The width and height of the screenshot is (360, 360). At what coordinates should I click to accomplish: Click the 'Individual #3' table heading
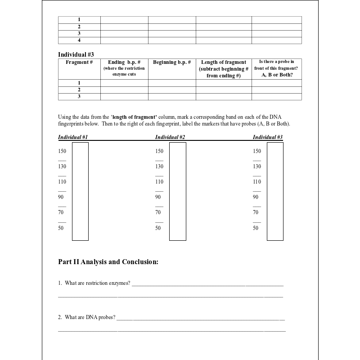pos(76,54)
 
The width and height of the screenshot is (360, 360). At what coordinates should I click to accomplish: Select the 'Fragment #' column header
pos(79,62)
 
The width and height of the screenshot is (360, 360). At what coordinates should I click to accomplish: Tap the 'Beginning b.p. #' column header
pos(172,62)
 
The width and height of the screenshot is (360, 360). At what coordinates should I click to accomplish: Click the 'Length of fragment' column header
pos(224,63)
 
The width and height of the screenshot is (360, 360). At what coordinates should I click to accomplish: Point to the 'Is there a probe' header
pos(277,62)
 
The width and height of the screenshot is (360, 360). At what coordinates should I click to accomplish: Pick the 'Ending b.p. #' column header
pos(124,62)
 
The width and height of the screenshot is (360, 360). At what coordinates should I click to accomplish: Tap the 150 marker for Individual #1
pos(62,151)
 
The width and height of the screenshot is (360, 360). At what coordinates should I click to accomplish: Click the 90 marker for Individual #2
pos(158,197)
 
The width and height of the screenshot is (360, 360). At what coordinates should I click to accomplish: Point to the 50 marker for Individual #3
pos(256,228)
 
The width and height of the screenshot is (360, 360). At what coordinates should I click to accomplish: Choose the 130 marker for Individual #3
pos(257,166)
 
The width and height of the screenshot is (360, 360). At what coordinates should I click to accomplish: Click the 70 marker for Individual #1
pos(61,212)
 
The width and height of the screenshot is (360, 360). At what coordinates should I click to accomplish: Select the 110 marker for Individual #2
pos(159,182)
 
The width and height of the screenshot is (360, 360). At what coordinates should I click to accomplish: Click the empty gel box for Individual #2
pos(178,191)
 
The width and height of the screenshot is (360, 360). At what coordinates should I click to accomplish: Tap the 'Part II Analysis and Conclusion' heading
pos(108,261)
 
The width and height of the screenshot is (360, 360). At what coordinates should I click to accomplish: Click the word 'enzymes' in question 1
pos(120,283)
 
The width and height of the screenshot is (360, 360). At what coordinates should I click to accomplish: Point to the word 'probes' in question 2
pos(108,317)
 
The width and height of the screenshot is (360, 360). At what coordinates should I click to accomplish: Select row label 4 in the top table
pos(79,40)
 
